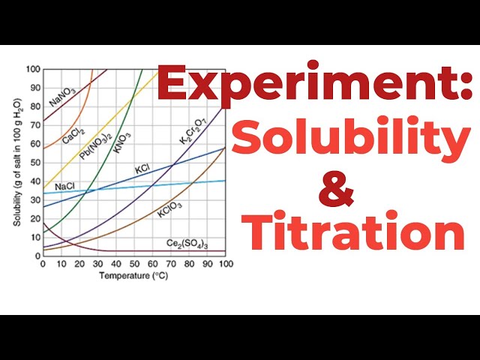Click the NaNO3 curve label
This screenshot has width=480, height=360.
(x=62, y=97)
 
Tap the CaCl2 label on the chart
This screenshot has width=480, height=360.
(x=73, y=136)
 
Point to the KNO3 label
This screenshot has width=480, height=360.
(x=121, y=142)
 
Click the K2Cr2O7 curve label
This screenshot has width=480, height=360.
(x=193, y=131)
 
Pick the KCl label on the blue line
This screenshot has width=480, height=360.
(x=142, y=169)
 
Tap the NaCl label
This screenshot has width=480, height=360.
(x=64, y=187)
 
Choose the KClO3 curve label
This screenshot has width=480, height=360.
(x=169, y=209)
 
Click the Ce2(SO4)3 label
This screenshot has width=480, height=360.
(x=187, y=244)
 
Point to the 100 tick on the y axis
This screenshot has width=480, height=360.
(x=33, y=69)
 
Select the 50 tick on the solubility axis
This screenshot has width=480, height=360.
(x=35, y=163)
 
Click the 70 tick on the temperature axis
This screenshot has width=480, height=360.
(x=171, y=263)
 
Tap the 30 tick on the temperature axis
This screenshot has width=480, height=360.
(x=98, y=263)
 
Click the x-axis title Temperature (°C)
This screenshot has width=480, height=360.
(x=133, y=275)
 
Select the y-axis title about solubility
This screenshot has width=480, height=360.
(x=17, y=163)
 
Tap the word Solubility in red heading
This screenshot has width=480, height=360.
(x=351, y=136)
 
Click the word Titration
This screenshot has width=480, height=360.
(x=353, y=230)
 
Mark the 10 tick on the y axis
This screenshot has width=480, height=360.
(x=35, y=238)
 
